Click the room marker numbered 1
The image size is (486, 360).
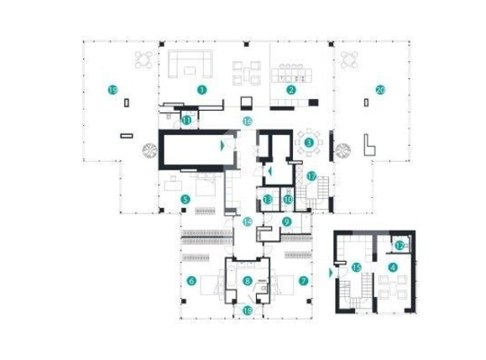tap(201, 88)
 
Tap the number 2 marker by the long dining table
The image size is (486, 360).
tap(291, 89)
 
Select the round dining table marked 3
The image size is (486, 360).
tap(310, 143)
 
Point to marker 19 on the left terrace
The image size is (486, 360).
tap(111, 88)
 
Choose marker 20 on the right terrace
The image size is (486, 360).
tap(380, 89)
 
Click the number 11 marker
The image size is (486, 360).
tap(186, 121)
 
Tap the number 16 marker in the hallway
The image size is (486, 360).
tap(247, 122)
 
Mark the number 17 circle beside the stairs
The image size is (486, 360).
tap(311, 176)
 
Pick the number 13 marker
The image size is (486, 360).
tap(266, 200)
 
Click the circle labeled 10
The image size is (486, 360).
tap(287, 200)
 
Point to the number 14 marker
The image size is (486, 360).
tap(247, 222)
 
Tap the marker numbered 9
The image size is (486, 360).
tap(286, 222)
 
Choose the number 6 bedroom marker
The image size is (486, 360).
tap(192, 281)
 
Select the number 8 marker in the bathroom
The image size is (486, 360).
tap(247, 281)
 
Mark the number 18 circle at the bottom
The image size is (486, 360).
tap(247, 310)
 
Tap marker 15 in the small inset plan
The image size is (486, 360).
tap(356, 268)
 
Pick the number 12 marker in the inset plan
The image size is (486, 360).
tap(400, 245)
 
